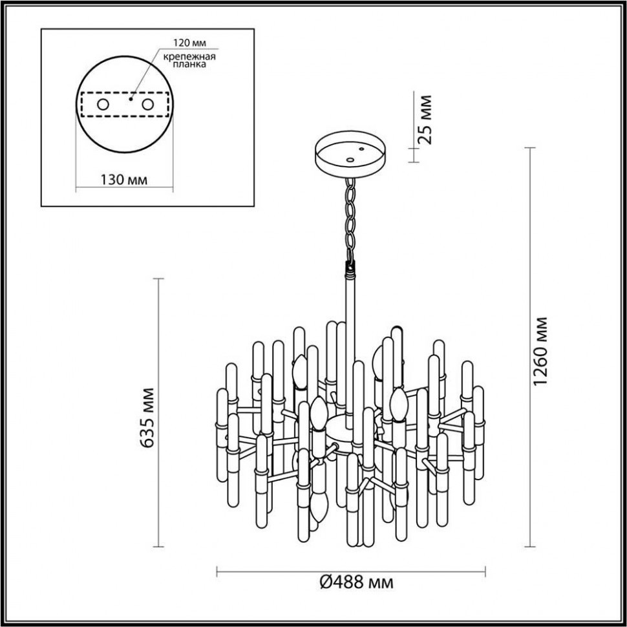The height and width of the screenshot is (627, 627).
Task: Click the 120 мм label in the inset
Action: (186, 44)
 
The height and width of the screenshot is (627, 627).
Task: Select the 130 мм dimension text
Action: (124, 180)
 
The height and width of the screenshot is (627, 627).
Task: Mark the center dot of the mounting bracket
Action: (131, 100)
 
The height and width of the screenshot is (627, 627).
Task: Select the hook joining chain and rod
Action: (351, 265)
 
